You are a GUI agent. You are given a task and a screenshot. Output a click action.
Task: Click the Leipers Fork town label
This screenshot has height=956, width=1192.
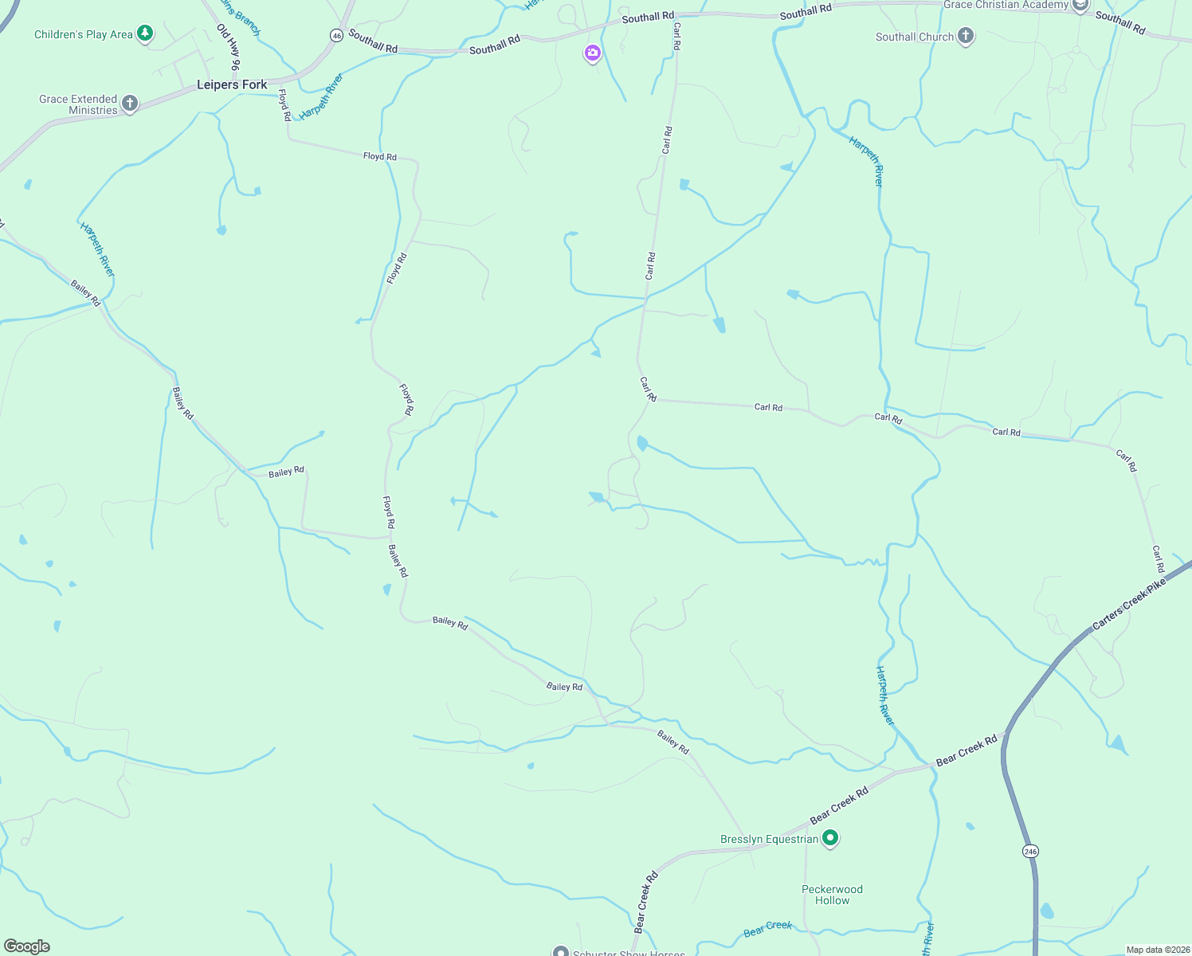click(232, 84)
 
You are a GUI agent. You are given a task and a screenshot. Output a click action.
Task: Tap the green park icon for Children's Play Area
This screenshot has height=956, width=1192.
click(145, 33)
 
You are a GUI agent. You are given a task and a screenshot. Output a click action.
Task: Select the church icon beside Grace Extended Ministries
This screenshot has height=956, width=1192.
click(130, 104)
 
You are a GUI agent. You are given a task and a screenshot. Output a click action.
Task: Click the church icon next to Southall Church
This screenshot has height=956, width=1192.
click(966, 36)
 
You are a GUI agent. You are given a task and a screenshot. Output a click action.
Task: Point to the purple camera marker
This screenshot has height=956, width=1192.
click(592, 53)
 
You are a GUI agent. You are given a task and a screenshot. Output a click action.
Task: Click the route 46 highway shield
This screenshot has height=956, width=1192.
click(337, 36)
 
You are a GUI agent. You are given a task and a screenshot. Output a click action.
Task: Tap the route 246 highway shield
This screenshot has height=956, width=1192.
click(1030, 851)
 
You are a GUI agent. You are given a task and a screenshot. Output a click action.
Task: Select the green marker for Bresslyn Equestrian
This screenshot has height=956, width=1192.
click(830, 838)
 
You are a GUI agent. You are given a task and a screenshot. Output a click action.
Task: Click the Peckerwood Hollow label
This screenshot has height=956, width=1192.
click(832, 895)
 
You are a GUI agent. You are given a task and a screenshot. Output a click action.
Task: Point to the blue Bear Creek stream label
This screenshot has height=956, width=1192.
click(767, 929)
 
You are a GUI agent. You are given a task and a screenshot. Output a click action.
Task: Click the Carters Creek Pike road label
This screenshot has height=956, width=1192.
click(1129, 604)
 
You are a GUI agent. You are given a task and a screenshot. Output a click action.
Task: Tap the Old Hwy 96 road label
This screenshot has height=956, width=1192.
click(228, 47)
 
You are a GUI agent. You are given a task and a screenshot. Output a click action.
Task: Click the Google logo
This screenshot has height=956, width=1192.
click(27, 946)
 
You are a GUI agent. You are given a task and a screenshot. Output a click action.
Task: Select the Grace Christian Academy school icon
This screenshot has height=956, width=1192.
click(1080, 6)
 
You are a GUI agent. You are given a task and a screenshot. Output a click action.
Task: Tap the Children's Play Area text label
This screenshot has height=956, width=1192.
click(84, 34)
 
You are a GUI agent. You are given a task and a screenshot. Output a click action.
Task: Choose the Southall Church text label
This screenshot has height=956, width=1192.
click(914, 37)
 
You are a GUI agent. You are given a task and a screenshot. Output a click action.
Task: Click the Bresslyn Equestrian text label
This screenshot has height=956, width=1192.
click(769, 839)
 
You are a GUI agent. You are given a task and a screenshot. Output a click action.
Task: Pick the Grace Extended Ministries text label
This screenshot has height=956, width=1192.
click(79, 104)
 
